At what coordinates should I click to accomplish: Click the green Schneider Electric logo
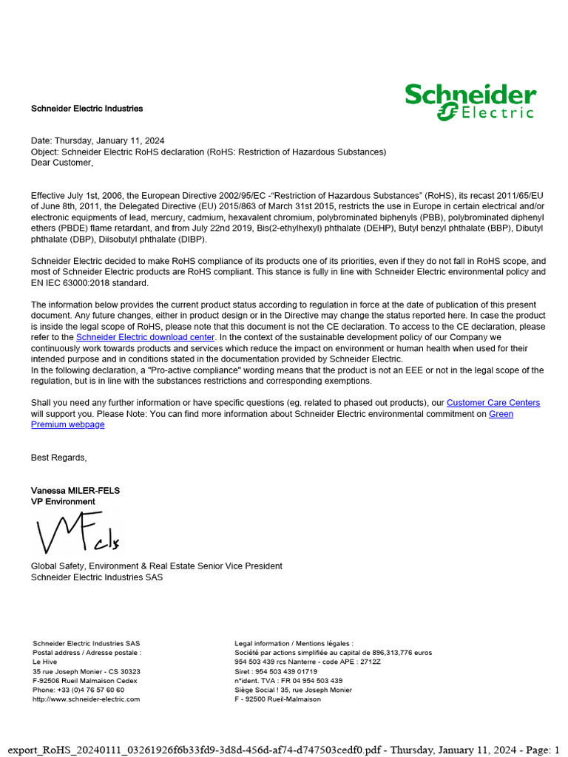470,102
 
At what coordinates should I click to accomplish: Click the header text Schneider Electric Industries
87,109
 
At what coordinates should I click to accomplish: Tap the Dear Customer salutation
62,163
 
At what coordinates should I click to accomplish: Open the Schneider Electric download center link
145,337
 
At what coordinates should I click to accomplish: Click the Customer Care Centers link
493,403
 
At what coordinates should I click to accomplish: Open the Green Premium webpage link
67,424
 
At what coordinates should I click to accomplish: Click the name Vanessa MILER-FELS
75,491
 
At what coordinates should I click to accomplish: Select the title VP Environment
63,502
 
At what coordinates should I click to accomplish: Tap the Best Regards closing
58,458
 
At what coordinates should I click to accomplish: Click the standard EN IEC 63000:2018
89,283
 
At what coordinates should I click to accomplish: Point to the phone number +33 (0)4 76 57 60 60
78,690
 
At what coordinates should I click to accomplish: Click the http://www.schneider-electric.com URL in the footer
86,699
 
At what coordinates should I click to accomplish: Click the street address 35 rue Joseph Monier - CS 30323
86,671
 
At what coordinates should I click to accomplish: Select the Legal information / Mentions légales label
294,643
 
